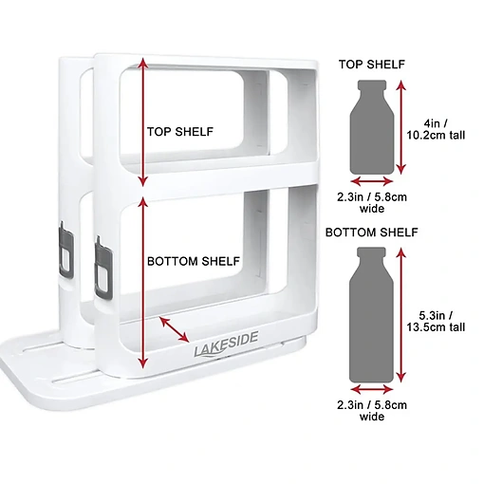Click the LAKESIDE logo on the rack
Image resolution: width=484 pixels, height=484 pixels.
pos(226,344)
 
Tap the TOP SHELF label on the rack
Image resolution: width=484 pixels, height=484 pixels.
pos(180,132)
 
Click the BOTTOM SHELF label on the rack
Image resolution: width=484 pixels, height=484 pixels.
pos(194,261)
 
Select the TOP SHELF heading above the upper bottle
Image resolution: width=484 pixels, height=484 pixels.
pos(372,65)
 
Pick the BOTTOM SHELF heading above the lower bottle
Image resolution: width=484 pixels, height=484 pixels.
pos(372,233)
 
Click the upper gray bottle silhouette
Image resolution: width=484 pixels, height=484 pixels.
pos(372,127)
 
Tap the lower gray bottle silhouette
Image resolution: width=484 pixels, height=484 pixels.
pos(371,315)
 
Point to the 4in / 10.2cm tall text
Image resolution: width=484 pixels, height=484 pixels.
pos(436,129)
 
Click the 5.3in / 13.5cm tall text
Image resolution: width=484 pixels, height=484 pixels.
pos(436,321)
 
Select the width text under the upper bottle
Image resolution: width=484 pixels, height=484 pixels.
pos(372,203)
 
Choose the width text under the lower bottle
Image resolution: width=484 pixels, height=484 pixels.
pos(372,410)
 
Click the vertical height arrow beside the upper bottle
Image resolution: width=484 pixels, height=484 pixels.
pos(401,127)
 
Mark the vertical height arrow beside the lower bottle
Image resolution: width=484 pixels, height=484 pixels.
pos(401,315)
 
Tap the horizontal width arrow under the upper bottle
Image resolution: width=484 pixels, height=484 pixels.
pos(372,181)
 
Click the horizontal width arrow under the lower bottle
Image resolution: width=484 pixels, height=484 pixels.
pos(372,390)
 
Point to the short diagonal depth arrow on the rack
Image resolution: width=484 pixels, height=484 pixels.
pos(175,329)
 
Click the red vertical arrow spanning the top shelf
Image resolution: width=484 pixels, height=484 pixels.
pos(143,121)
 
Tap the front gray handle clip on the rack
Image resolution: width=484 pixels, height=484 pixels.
pos(103,268)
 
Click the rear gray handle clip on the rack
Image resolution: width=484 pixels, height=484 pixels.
pos(66,249)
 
